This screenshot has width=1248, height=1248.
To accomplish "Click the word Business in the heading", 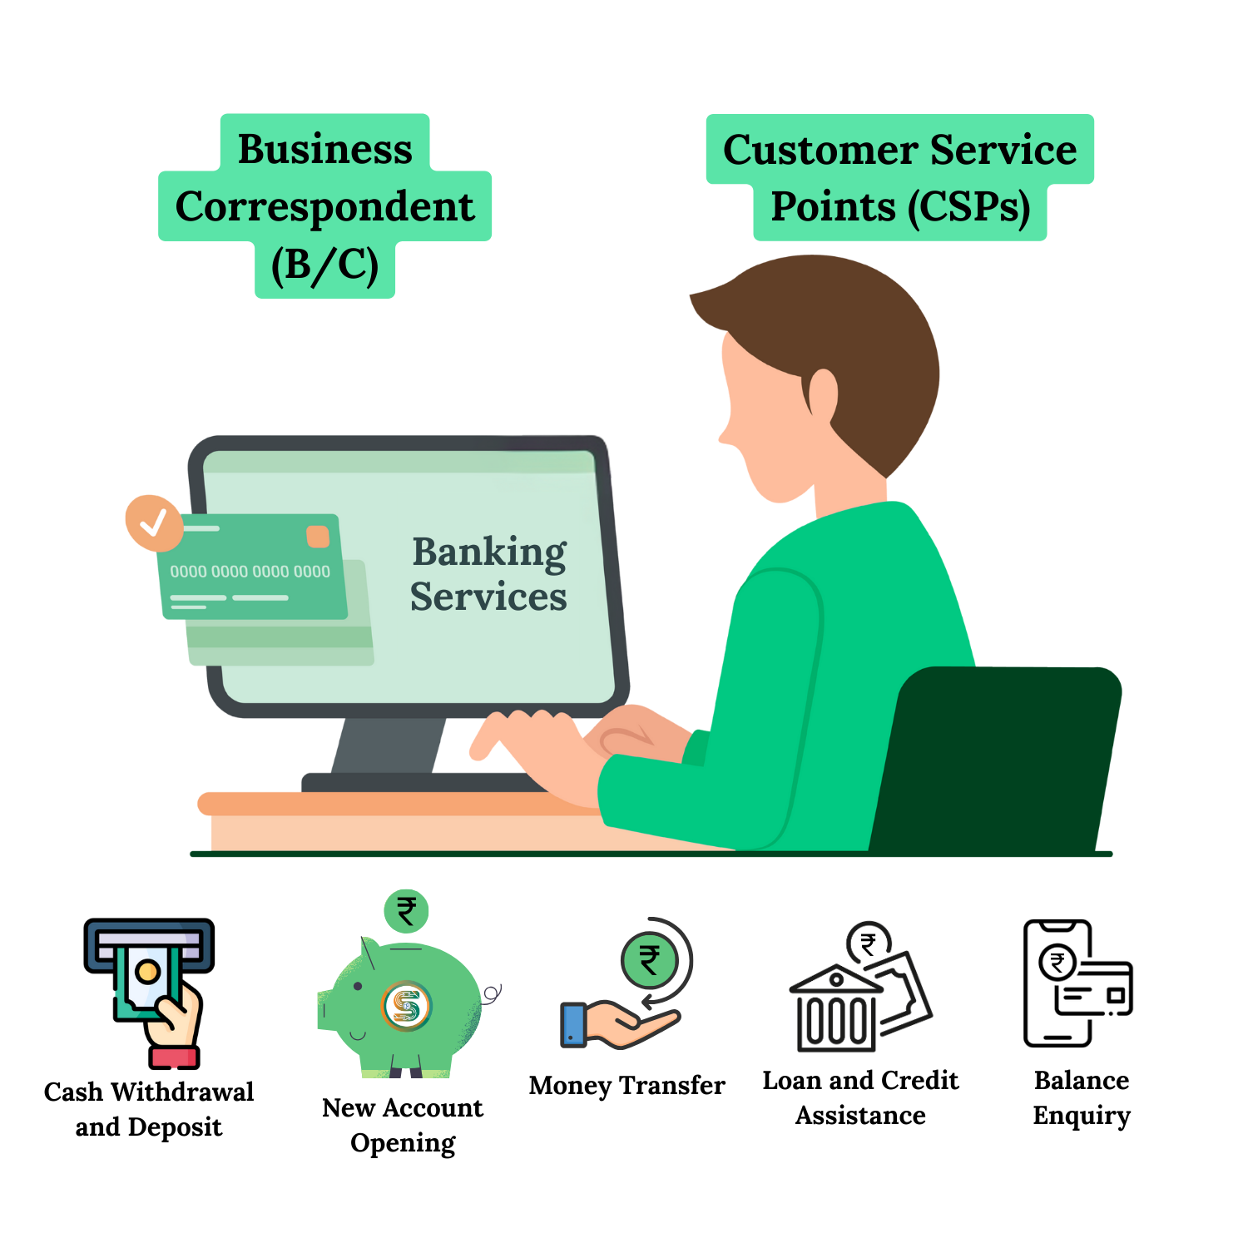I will pyautogui.click(x=324, y=150).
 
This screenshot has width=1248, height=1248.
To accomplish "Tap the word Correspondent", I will pyautogui.click(x=324, y=207).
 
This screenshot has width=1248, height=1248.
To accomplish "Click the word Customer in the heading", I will pyautogui.click(x=820, y=151).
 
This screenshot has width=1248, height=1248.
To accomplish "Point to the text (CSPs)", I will pyautogui.click(x=968, y=207).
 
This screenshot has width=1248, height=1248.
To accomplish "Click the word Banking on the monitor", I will pyautogui.click(x=489, y=553).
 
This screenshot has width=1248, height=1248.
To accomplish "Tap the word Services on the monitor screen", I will pyautogui.click(x=488, y=597).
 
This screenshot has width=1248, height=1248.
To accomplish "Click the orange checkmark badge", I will pyautogui.click(x=154, y=522).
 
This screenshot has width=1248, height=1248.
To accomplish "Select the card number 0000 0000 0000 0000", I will pyautogui.click(x=250, y=572).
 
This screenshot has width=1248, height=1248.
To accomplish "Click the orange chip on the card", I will pyautogui.click(x=318, y=537).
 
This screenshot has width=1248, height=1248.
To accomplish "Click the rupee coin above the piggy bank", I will pyautogui.click(x=406, y=911).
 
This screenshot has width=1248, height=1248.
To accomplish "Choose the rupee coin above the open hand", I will pyautogui.click(x=650, y=960).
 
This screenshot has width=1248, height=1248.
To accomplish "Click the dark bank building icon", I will pyautogui.click(x=837, y=1011).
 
